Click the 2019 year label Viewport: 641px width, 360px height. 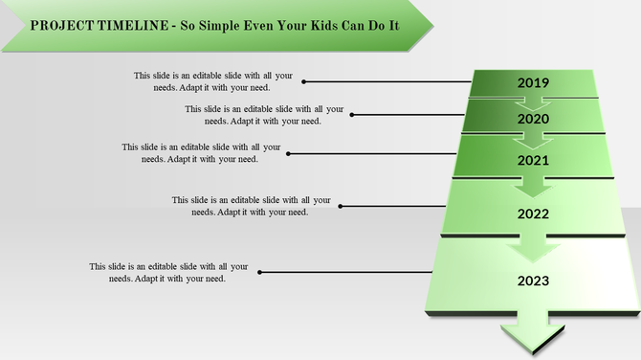533,83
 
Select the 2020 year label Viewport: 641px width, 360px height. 533,120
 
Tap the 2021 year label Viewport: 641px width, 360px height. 533,160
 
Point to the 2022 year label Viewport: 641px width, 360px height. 533,214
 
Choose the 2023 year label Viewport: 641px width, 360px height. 533,281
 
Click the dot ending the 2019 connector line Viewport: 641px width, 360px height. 305,82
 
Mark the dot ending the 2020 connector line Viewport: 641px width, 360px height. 353,115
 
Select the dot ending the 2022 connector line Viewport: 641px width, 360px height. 341,206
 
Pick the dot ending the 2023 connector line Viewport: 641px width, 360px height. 258,272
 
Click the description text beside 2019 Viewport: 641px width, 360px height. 213,81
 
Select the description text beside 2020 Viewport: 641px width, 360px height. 264,115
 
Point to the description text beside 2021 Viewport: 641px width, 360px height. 201,153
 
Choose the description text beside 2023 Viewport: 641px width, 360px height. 168,272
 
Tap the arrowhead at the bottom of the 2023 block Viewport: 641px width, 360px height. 533,336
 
